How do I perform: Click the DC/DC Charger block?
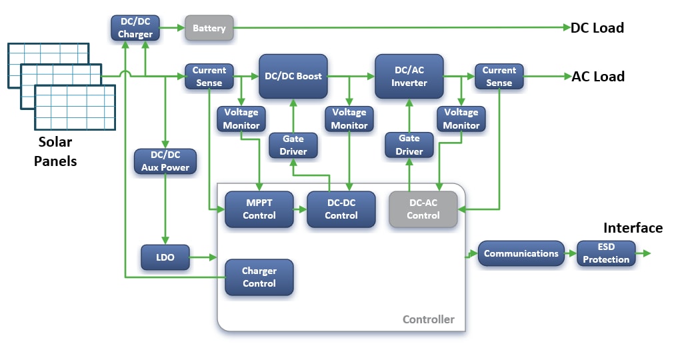[x=135, y=28]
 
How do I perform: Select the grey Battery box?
[x=209, y=28]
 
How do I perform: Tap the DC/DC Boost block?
[x=293, y=76]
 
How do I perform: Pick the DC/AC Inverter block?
[x=409, y=76]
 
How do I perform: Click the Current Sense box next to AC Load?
[x=499, y=76]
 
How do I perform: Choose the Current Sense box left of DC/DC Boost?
[x=209, y=76]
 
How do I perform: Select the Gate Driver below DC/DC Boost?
[x=293, y=145]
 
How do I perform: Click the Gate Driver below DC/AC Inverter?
[x=409, y=144]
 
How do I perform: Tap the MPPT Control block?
[x=259, y=209]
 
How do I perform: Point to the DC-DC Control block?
[x=341, y=209]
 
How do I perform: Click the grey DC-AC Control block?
[x=423, y=209]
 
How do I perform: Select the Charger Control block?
[x=259, y=277]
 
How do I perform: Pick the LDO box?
[x=165, y=257]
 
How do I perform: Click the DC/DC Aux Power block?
[x=165, y=161]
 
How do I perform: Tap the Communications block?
[x=521, y=254]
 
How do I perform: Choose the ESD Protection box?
[x=605, y=254]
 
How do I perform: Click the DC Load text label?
[x=597, y=28]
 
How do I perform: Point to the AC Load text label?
[x=598, y=77]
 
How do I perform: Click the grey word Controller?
[x=428, y=319]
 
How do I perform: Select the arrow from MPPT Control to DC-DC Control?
[x=300, y=209]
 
